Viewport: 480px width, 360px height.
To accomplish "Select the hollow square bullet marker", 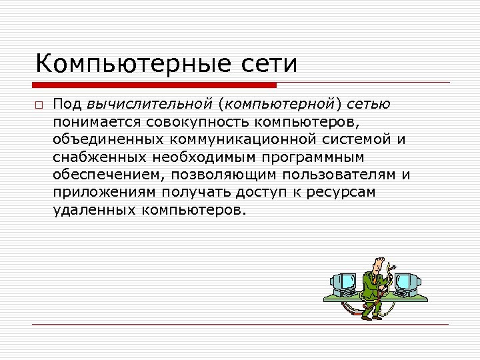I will point(40,106).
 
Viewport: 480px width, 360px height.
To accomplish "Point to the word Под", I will point(67,105).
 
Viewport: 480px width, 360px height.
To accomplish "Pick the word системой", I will point(374,139).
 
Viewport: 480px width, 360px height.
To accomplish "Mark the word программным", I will point(327,157).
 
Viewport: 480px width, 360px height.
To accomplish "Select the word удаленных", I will point(94,210).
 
